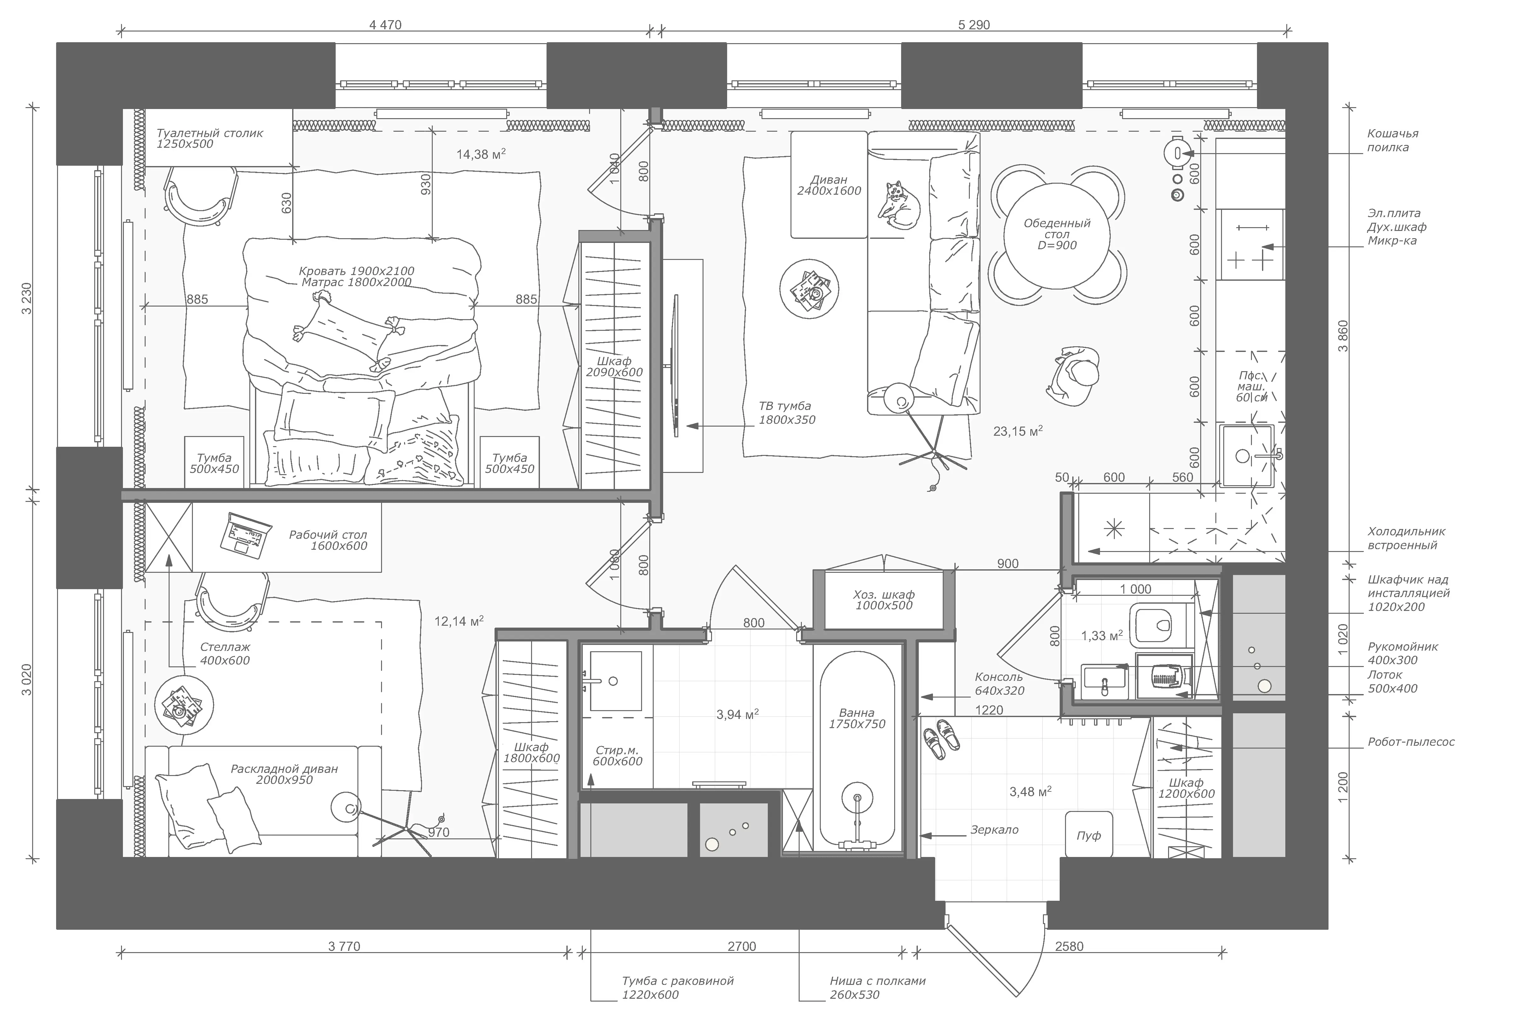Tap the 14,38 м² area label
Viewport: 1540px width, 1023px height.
[x=481, y=154]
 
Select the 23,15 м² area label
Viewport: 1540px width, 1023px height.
[x=1018, y=431]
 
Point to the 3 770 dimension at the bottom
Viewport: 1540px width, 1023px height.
[x=344, y=946]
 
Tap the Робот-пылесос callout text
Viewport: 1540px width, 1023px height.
[x=1411, y=742]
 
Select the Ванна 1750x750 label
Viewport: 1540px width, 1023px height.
[x=857, y=718]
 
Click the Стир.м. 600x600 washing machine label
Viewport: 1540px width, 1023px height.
[x=617, y=756]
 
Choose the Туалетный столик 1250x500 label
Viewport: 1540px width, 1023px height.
[x=210, y=138]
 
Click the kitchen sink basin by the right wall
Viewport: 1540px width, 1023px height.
[x=1247, y=455]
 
